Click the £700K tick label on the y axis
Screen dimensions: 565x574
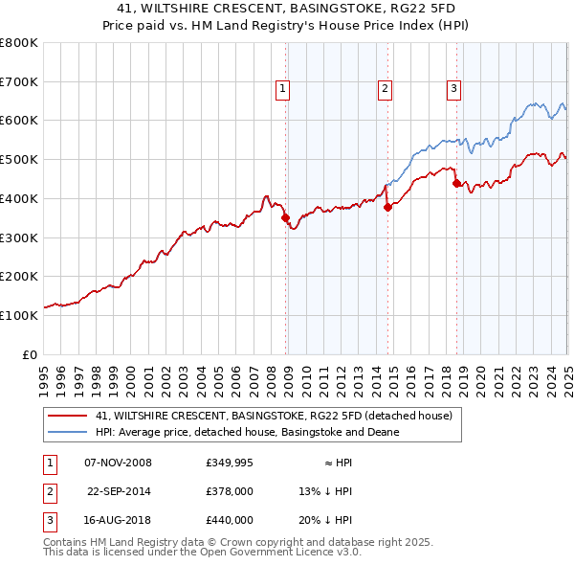click(x=19, y=81)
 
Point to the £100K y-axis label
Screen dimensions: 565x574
click(x=19, y=315)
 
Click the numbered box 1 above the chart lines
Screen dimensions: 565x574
click(x=284, y=89)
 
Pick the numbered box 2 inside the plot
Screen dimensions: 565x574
click(x=385, y=89)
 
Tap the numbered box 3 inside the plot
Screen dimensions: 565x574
click(x=453, y=89)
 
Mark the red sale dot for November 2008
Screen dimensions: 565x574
click(x=285, y=217)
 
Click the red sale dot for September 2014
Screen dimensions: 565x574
click(x=387, y=206)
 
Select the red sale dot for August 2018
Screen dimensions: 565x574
click(x=456, y=182)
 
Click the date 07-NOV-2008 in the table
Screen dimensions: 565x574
click(x=119, y=463)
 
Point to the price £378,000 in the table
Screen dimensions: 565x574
click(x=230, y=491)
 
